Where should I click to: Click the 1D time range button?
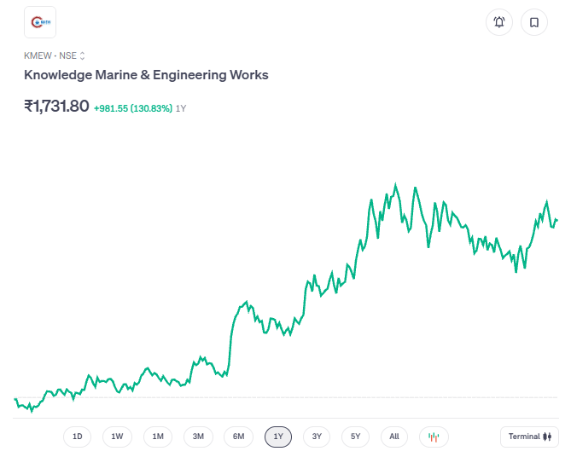[77, 437]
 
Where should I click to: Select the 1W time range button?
[117, 437]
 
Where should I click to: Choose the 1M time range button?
[158, 437]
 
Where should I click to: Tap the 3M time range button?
[198, 437]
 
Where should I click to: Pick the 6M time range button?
[239, 437]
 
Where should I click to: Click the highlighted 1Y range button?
[278, 437]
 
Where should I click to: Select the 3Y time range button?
[317, 437]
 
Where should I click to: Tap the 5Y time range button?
[356, 437]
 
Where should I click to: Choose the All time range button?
[394, 437]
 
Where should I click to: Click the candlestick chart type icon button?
[434, 437]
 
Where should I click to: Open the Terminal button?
[529, 437]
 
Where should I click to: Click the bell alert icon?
[499, 22]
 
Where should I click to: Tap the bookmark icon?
[534, 22]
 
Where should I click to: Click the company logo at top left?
[40, 22]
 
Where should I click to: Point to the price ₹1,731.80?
[56, 107]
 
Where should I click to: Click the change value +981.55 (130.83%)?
[133, 108]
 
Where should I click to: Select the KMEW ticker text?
[38, 55]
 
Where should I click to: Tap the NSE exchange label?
[67, 55]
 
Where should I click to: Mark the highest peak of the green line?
[395, 184]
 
